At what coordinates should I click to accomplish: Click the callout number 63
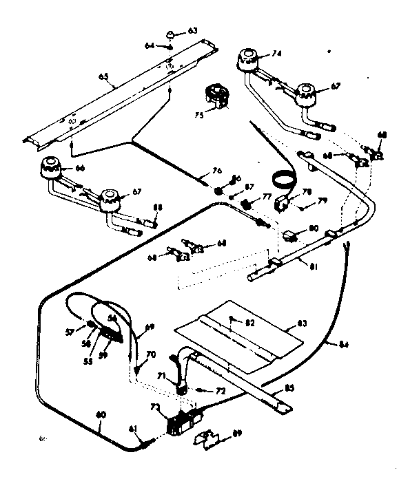193,30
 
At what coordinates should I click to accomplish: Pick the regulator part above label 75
219,94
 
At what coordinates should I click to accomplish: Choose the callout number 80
314,228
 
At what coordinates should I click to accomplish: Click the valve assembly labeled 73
184,421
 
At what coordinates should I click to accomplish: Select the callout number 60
101,414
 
